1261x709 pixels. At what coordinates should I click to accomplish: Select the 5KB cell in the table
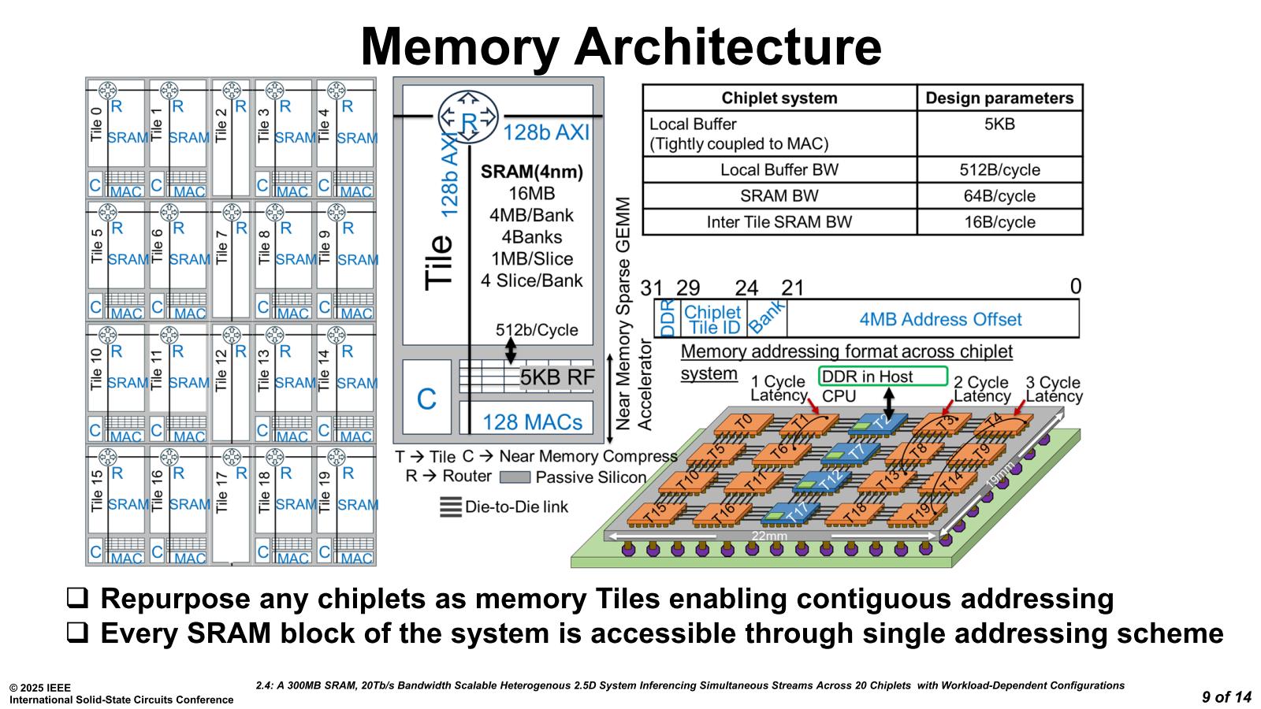(999, 124)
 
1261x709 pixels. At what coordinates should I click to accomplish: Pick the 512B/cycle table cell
(999, 170)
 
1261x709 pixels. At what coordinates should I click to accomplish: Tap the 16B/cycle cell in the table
(999, 222)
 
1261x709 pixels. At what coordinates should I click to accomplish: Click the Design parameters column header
(999, 98)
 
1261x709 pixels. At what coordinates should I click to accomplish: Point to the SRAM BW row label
(779, 196)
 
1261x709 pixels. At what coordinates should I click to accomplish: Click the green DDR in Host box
(883, 377)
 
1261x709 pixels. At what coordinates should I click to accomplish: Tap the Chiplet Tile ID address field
(712, 320)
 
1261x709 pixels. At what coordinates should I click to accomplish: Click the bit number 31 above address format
(651, 288)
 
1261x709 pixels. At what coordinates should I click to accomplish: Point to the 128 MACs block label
(532, 422)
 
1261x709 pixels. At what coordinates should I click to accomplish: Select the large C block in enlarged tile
(426, 399)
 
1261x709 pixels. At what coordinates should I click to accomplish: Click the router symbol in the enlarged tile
(468, 119)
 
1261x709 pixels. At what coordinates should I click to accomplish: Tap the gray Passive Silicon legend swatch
(515, 477)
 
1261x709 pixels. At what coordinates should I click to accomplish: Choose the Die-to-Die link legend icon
(450, 507)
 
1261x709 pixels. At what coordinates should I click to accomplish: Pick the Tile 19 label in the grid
(324, 492)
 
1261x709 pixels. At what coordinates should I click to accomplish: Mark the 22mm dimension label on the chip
(768, 536)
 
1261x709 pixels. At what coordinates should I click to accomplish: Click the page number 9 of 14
(1226, 697)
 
